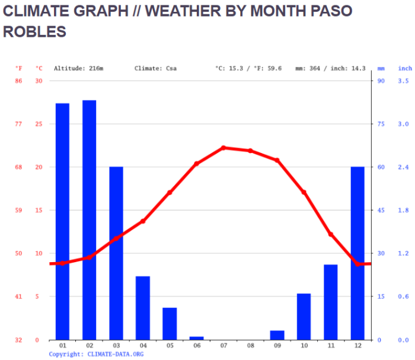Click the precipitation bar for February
89,219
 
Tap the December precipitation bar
357,253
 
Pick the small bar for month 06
196,338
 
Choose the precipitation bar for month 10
304,317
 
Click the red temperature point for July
224,148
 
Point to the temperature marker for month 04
143,221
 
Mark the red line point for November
331,235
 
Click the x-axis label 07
224,345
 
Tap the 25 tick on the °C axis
39,124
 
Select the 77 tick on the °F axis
18,124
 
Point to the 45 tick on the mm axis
381,211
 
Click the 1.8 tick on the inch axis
404,211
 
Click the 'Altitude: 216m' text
79,69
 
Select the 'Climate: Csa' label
155,69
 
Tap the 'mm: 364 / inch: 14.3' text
330,69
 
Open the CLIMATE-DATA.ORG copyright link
115,354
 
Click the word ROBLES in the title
34,32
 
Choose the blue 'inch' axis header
405,69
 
